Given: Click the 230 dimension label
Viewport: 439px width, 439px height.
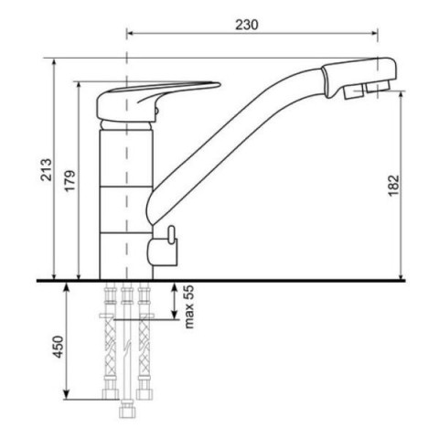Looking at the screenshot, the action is (247, 25).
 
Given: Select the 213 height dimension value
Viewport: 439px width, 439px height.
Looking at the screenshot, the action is (47, 170).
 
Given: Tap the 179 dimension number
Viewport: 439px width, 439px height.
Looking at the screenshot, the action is (70, 181).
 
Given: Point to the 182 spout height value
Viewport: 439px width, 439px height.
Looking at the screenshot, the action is (393, 186).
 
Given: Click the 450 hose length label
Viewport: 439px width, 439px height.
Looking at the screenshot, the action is (58, 347).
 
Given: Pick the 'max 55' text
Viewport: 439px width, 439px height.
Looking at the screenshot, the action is (188, 306).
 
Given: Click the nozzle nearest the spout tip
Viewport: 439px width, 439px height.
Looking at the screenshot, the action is (379, 86).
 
